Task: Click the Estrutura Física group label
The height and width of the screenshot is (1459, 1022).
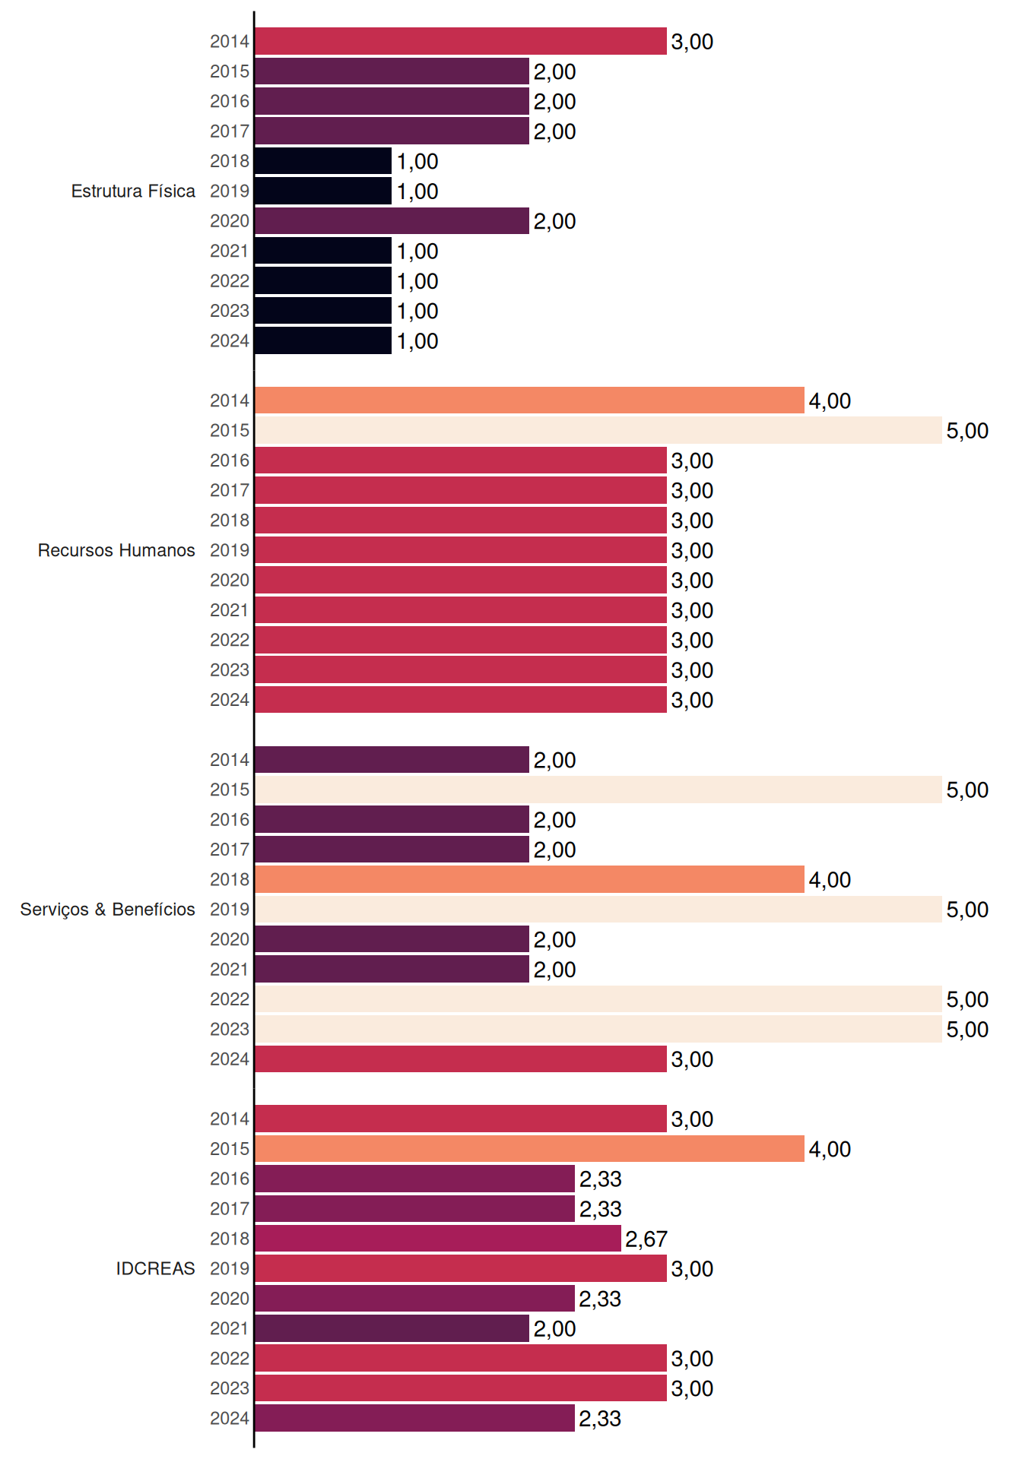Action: pos(133,191)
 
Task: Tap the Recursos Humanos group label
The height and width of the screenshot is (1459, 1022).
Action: pos(116,550)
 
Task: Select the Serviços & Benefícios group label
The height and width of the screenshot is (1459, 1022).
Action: pos(107,910)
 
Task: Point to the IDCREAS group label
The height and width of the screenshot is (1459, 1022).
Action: pos(155,1268)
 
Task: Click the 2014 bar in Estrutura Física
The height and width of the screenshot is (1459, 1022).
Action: pos(461,41)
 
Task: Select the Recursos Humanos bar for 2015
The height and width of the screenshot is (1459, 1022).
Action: pos(598,430)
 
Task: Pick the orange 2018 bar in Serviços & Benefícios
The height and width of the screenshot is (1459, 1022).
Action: pos(529,879)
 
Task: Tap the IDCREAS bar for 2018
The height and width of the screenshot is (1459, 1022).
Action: pos(438,1239)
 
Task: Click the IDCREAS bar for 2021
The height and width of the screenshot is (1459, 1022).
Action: pos(392,1328)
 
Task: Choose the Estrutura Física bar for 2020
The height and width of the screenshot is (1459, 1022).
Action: pos(392,221)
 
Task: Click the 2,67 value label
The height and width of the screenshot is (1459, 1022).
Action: pos(646,1239)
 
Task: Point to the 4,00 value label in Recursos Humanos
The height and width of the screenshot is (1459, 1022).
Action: pos(830,401)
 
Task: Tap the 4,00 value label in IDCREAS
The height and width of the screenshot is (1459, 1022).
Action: pos(830,1150)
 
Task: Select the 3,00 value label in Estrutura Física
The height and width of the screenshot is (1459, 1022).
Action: pos(692,42)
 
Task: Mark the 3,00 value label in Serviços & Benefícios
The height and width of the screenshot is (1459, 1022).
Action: pos(692,1059)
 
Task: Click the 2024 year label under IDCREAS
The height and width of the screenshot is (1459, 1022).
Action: pos(230,1418)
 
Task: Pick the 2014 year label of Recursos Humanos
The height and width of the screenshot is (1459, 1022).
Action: pos(230,400)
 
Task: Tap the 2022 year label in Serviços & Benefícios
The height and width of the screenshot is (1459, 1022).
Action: pos(230,999)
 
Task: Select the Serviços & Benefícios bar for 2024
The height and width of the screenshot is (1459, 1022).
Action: pos(461,1059)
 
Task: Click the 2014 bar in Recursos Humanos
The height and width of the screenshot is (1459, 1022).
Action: pos(529,400)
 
